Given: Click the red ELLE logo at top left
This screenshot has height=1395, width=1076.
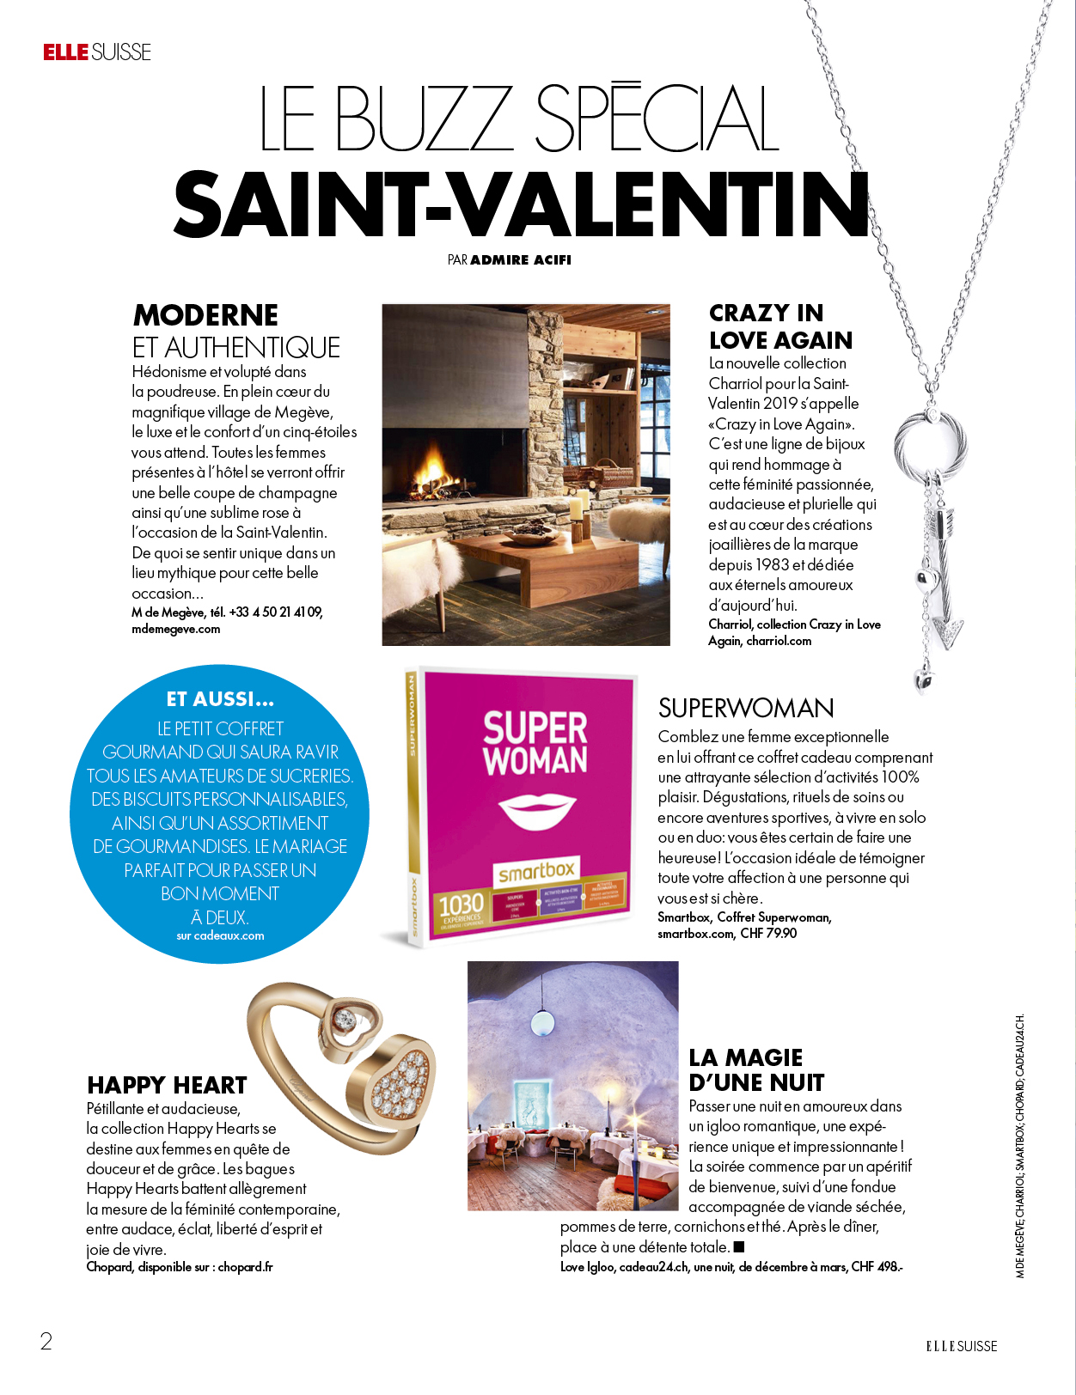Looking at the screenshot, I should click(66, 52).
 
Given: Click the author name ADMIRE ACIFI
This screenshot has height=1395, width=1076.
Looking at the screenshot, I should click(521, 260).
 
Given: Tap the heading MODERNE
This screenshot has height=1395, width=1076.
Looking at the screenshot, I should click(205, 315).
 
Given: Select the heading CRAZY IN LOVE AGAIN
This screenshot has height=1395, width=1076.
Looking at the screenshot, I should click(779, 326).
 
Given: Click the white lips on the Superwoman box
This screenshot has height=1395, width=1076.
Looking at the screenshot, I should click(536, 810).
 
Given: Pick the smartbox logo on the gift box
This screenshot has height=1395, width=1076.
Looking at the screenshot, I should click(536, 872).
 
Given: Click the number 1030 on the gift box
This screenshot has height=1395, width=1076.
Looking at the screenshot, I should click(462, 905).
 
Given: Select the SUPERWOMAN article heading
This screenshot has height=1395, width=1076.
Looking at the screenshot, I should click(746, 708).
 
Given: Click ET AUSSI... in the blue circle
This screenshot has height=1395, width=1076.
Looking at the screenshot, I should click(220, 699).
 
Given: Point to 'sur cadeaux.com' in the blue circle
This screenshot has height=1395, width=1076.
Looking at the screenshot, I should click(220, 936).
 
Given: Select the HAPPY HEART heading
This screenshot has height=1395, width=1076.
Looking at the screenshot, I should click(167, 1085).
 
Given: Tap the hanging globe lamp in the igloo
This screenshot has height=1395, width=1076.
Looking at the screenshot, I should click(542, 1021).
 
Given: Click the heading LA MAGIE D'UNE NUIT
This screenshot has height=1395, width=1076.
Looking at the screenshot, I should click(756, 1069).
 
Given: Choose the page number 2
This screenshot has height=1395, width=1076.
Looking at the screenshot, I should click(46, 1342).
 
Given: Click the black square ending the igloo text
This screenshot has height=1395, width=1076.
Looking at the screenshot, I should click(739, 1246).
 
